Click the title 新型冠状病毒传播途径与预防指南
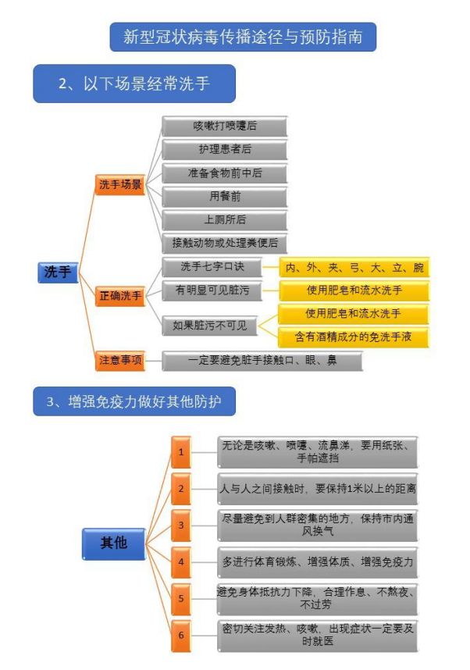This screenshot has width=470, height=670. (x=243, y=37)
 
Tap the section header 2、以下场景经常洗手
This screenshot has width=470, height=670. (x=134, y=84)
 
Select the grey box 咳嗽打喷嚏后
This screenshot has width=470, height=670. (x=224, y=126)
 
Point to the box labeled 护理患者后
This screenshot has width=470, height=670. (x=224, y=149)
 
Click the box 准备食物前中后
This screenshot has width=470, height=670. (x=224, y=173)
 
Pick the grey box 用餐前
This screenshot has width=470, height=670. (x=224, y=196)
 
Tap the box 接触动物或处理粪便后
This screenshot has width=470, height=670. (x=224, y=243)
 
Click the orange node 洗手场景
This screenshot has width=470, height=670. (x=120, y=184)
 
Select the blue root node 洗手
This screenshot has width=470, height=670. (x=58, y=273)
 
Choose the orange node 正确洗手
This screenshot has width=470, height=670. (x=120, y=296)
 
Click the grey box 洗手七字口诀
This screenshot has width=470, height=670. (x=212, y=267)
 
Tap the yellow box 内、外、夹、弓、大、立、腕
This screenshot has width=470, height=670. (x=354, y=268)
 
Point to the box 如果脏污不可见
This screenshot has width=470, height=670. (x=209, y=326)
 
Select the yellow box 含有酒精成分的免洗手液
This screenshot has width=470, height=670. (x=353, y=337)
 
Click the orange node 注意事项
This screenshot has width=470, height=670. (x=120, y=360)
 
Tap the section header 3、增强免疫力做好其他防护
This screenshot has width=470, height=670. (x=134, y=401)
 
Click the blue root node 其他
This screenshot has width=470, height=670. (x=114, y=543)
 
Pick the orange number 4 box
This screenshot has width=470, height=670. (x=181, y=562)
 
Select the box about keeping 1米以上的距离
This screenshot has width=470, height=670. (x=318, y=489)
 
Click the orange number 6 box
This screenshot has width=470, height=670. (x=181, y=636)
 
